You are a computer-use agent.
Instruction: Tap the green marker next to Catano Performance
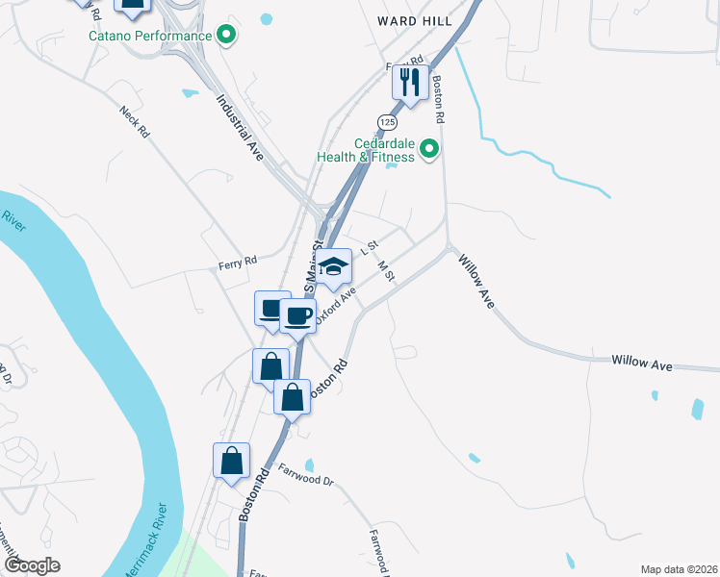[x=227, y=37]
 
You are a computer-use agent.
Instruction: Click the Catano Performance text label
[x=149, y=37]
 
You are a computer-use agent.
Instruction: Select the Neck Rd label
[x=135, y=120]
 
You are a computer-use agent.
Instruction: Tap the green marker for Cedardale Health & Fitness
[x=430, y=149]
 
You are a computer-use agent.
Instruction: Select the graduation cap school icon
[x=334, y=266]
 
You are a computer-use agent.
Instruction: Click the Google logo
[x=33, y=564]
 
